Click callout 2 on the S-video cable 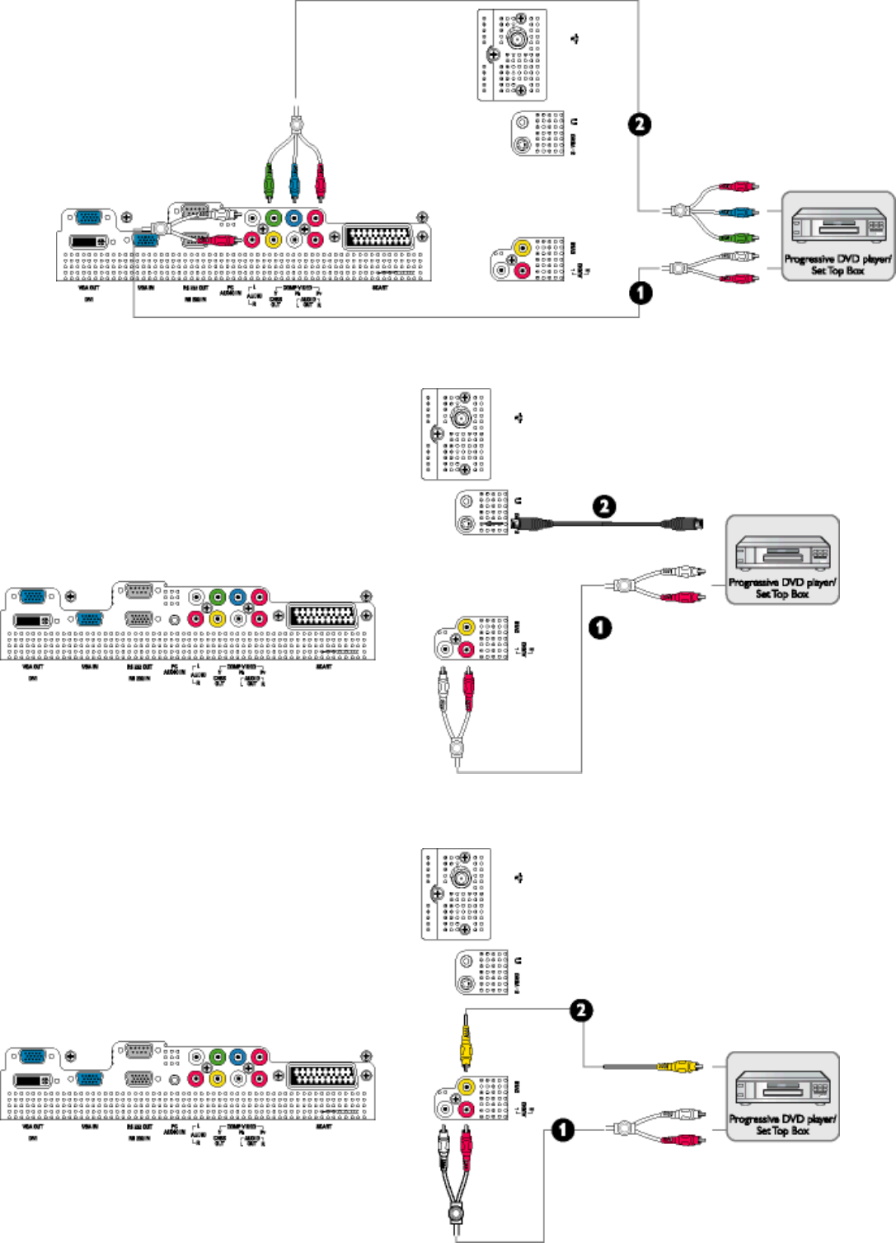(x=604, y=506)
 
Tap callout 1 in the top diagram (x=640, y=292)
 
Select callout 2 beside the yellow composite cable (x=581, y=1011)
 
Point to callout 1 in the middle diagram (x=600, y=627)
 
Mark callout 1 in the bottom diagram (x=563, y=1129)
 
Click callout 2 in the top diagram (x=640, y=124)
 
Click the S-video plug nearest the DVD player (x=684, y=523)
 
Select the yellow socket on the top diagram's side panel (x=522, y=246)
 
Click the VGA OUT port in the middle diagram (x=33, y=598)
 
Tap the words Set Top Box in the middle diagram (x=782, y=593)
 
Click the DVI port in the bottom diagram (x=33, y=1080)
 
